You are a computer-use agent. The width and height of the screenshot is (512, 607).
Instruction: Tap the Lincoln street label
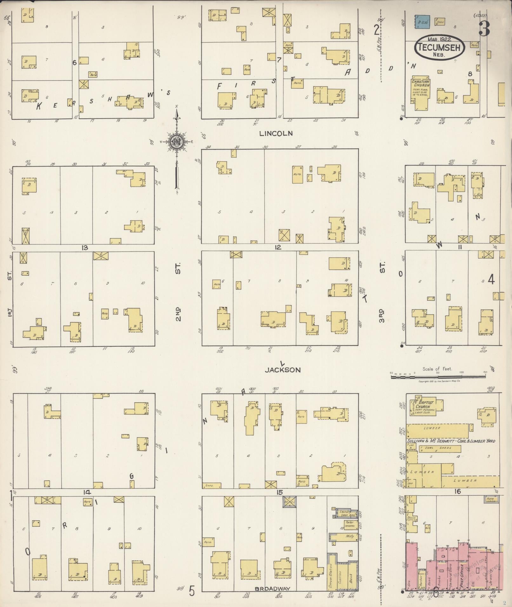pyautogui.click(x=276, y=134)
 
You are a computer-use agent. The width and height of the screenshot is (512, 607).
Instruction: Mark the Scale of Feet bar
pyautogui.click(x=438, y=377)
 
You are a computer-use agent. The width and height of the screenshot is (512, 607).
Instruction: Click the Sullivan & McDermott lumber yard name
pyautogui.click(x=451, y=441)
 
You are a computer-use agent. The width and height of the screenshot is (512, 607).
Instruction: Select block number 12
pyautogui.click(x=278, y=247)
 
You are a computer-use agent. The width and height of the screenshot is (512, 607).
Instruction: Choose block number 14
pyautogui.click(x=87, y=492)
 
